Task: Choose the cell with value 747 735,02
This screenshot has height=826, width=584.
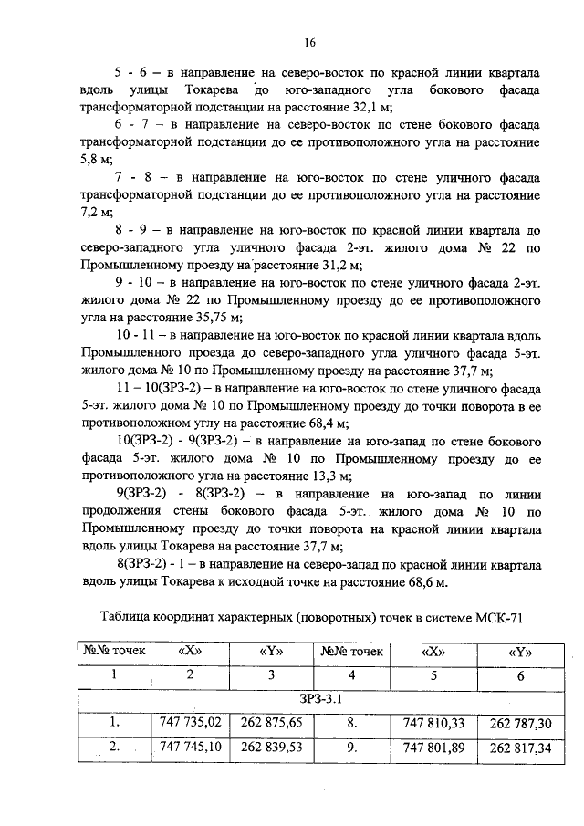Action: [x=190, y=724]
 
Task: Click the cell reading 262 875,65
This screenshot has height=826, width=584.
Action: [x=271, y=724]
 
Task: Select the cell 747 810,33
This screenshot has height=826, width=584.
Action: [x=433, y=724]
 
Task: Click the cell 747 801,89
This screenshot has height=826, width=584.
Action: [x=433, y=748]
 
